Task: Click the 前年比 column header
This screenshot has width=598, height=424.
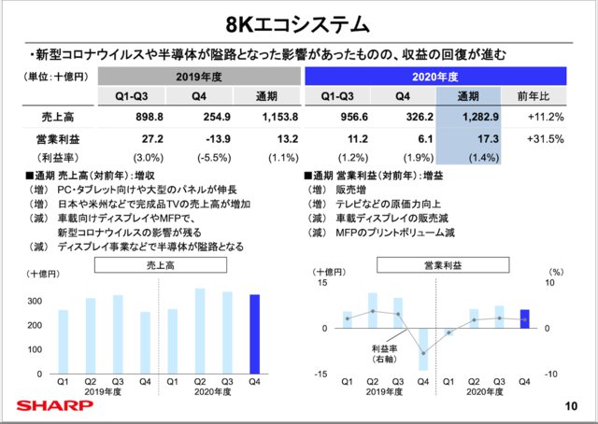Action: pos(546,95)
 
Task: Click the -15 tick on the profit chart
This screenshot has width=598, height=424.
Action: pos(322,374)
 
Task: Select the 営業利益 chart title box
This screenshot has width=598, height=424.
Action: pos(436,265)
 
